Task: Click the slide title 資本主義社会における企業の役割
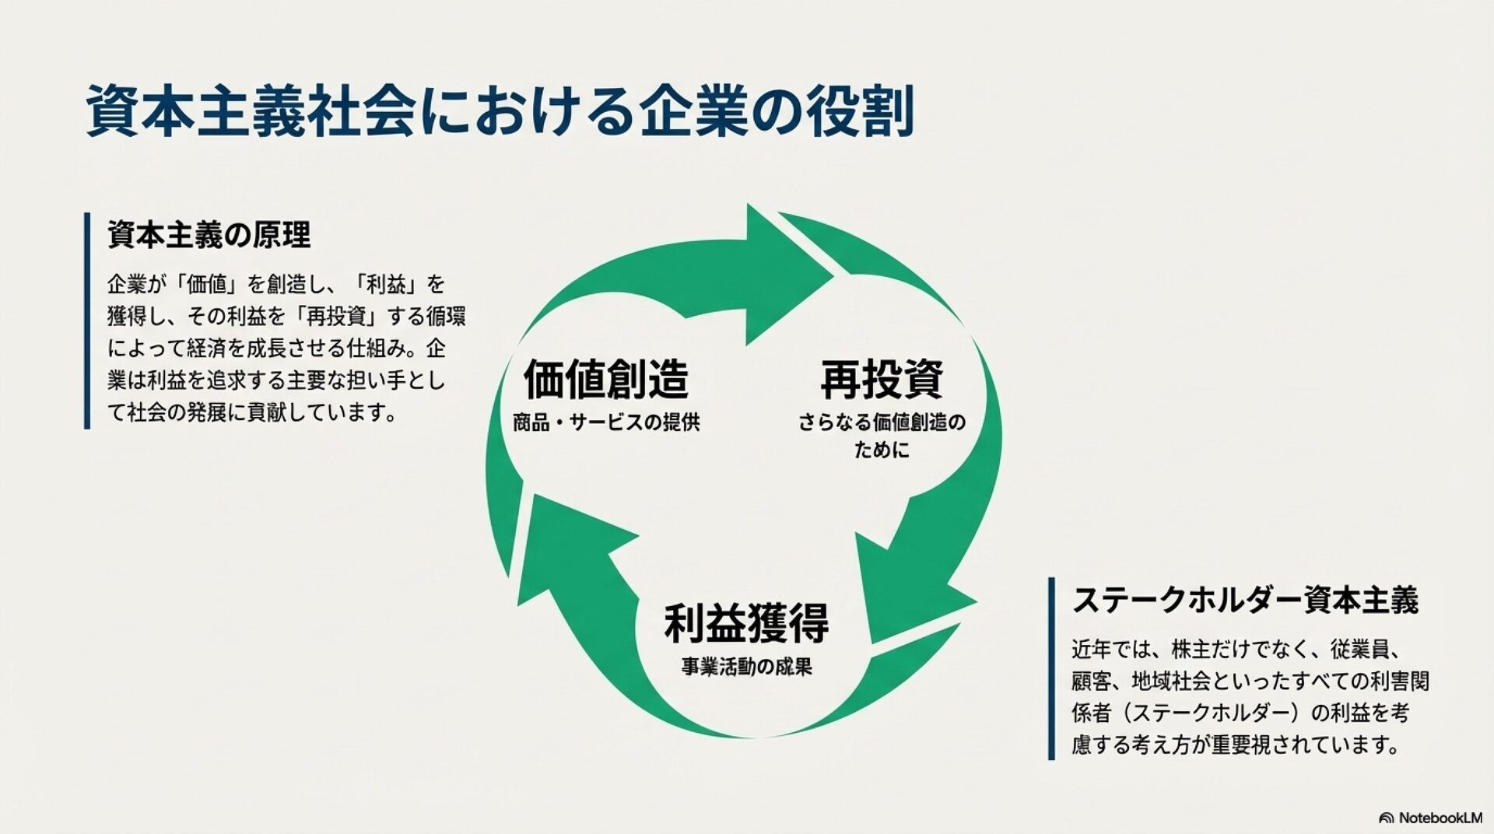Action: point(498,111)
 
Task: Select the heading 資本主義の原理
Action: point(209,235)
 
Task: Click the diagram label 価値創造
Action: point(606,380)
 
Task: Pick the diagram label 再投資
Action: point(882,380)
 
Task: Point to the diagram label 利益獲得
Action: point(746,623)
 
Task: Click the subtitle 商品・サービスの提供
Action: point(606,422)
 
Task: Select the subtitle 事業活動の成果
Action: point(746,667)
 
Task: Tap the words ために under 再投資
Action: point(882,450)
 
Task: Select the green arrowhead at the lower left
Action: point(568,545)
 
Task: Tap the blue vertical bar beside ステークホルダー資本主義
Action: point(1052,668)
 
